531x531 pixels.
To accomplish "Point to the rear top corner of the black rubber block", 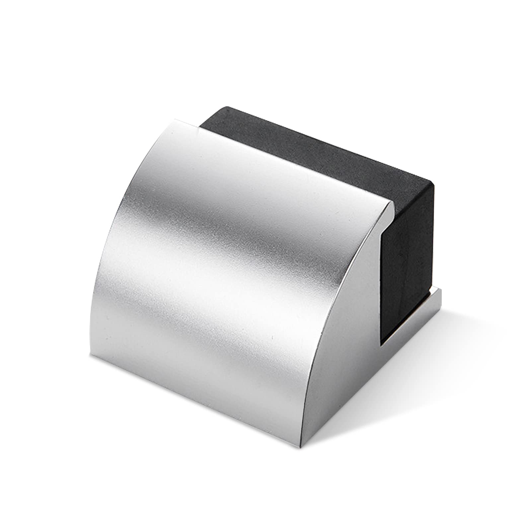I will click(x=227, y=107).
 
